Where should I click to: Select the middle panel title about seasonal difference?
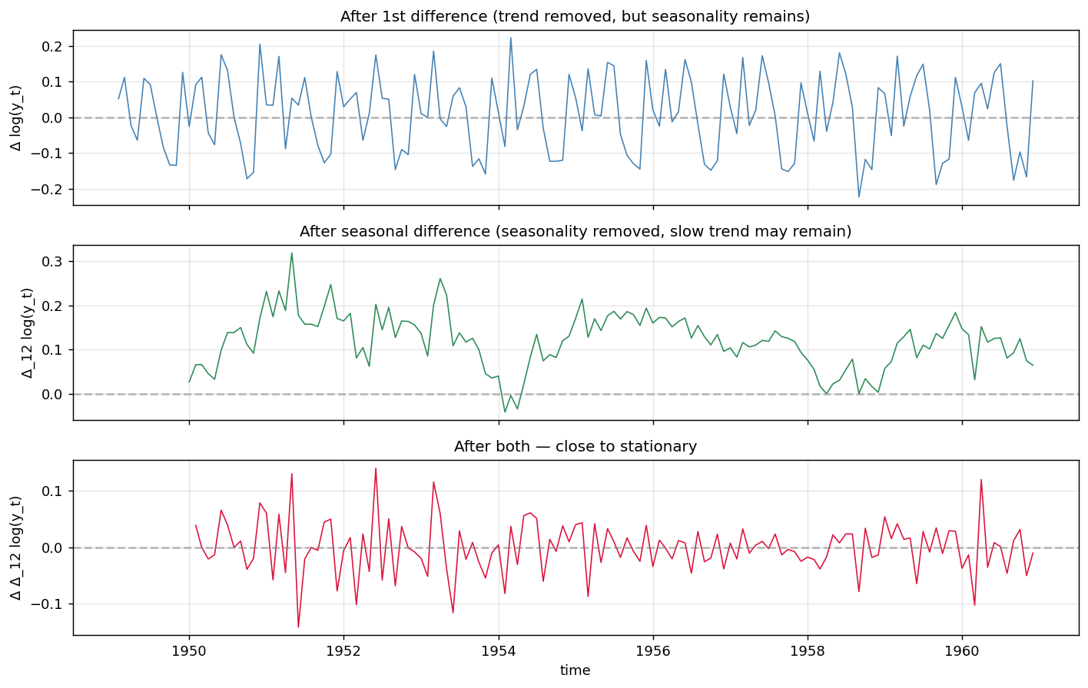[575, 232]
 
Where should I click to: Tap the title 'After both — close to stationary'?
[575, 446]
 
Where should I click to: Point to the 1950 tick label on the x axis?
[189, 651]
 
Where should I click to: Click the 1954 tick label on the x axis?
[499, 651]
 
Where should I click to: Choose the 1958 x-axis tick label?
[808, 651]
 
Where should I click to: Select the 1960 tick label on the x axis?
[962, 651]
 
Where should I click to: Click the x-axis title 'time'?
[575, 670]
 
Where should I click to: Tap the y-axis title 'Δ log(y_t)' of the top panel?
[16, 118]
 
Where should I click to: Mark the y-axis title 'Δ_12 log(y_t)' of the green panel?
[27, 333]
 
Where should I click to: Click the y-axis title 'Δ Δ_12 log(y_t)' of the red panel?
[16, 547]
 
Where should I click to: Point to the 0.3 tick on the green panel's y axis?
[51, 262]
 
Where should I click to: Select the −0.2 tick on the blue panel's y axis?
[47, 190]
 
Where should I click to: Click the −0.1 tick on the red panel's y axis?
[47, 604]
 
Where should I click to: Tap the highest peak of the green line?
[291, 253]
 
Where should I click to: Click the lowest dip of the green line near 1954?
[505, 412]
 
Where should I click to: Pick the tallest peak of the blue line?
[510, 38]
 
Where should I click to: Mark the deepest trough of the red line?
[298, 627]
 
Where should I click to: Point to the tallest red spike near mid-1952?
[376, 468]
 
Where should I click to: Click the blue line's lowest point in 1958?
[859, 197]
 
